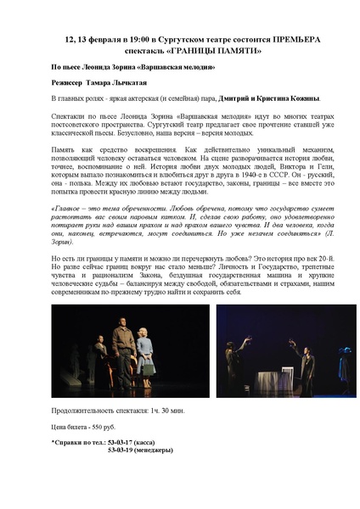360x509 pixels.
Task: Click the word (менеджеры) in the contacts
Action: click(x=170, y=451)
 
